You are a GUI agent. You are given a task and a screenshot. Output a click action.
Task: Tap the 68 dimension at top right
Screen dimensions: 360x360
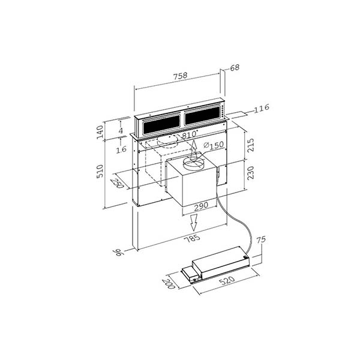[234, 67]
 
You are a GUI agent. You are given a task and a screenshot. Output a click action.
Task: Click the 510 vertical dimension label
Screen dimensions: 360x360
[101, 172]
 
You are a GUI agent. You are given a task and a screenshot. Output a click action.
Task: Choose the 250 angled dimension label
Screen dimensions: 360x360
[118, 183]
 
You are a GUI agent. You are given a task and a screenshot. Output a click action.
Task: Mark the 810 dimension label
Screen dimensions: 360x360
[189, 135]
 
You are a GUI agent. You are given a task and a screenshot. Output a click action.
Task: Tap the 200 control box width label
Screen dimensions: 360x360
[170, 282]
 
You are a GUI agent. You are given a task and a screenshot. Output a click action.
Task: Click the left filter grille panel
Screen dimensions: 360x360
[161, 124]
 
